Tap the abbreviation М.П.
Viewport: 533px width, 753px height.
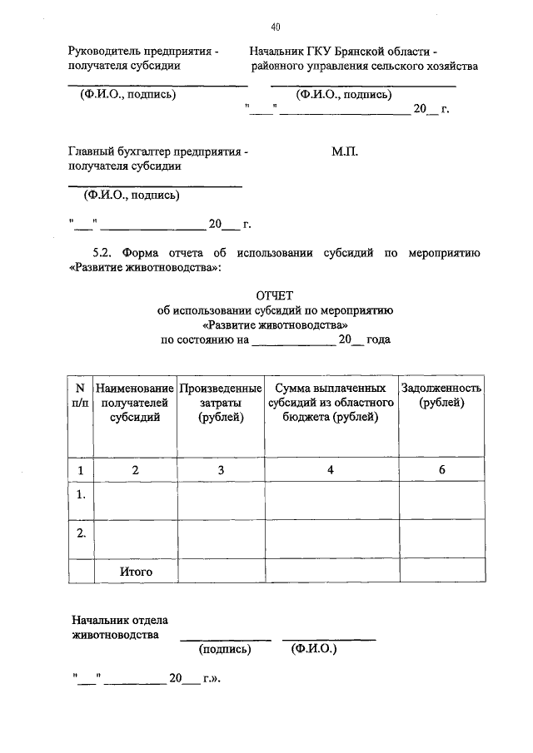(x=343, y=152)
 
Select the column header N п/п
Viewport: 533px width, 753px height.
(x=81, y=395)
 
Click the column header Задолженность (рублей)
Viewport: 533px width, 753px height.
(x=442, y=395)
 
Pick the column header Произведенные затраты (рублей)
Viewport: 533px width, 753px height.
(x=221, y=403)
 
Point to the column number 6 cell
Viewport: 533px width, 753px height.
(x=442, y=470)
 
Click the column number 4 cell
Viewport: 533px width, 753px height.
(x=331, y=470)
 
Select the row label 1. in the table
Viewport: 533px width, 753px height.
(x=81, y=495)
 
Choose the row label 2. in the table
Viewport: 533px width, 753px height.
(x=81, y=533)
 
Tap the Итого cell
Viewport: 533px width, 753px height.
(x=136, y=572)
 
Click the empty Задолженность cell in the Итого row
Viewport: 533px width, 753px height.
(x=442, y=572)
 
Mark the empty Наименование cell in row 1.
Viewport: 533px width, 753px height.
(x=136, y=499)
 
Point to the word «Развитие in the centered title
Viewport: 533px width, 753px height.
(x=231, y=324)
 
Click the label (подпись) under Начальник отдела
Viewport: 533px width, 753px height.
(x=224, y=650)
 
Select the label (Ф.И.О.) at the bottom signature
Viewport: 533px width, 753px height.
(x=314, y=649)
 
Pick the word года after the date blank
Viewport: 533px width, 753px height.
(x=378, y=339)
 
